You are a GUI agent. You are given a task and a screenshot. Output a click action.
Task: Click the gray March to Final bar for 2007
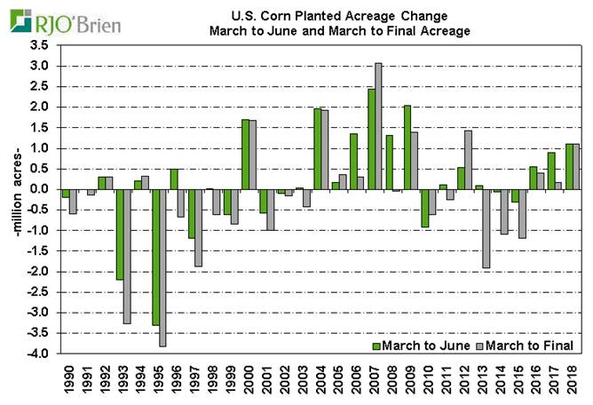[x=378, y=125]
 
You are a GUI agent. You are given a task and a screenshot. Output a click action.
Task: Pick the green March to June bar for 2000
[x=245, y=154]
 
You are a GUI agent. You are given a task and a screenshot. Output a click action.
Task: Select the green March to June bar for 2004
[x=317, y=148]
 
